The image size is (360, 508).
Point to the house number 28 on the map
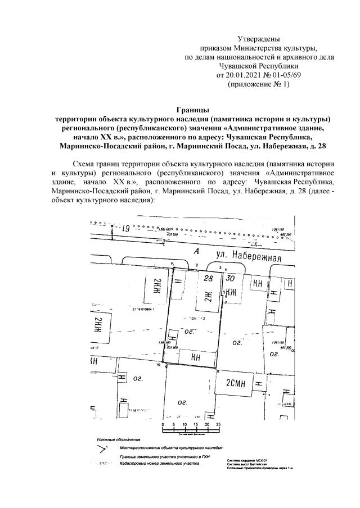click(209, 279)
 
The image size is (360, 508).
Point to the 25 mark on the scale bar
click(218, 424)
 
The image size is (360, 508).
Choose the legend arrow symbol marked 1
click(102, 448)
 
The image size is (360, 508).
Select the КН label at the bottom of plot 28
click(196, 356)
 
